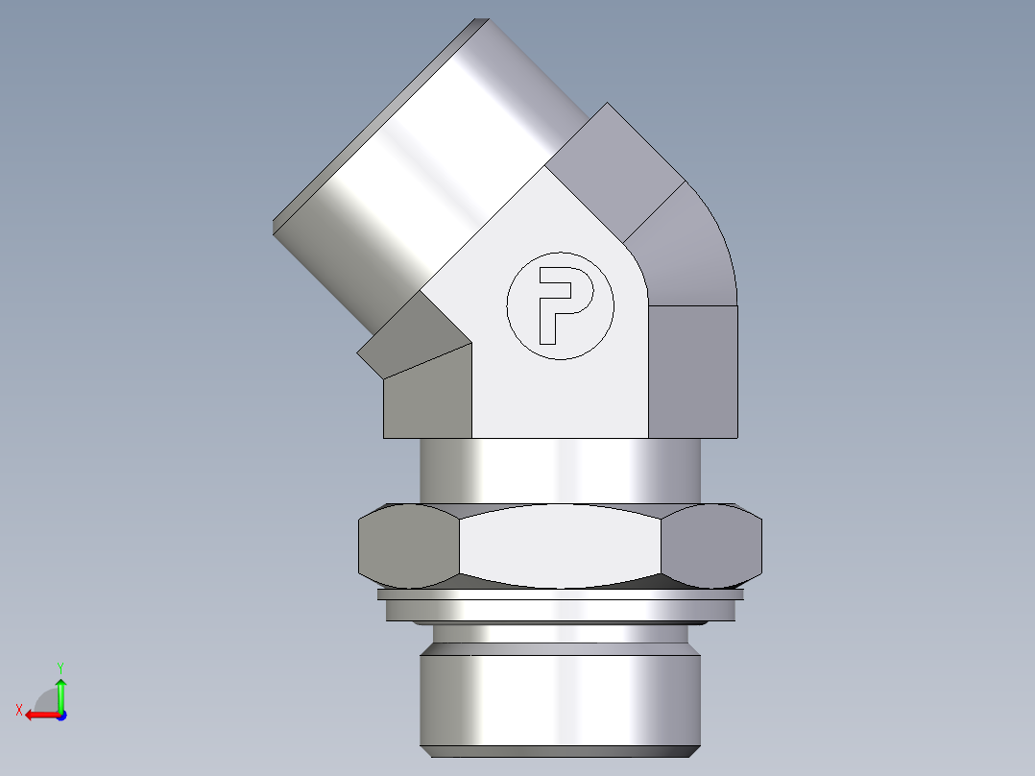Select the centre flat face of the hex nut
[x=560, y=547]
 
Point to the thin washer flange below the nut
[x=560, y=595]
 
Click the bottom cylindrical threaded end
[x=560, y=696]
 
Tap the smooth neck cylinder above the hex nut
[x=560, y=471]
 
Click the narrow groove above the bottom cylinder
[x=560, y=634]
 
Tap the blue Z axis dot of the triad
[x=60, y=715]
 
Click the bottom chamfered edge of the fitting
[x=560, y=748]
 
